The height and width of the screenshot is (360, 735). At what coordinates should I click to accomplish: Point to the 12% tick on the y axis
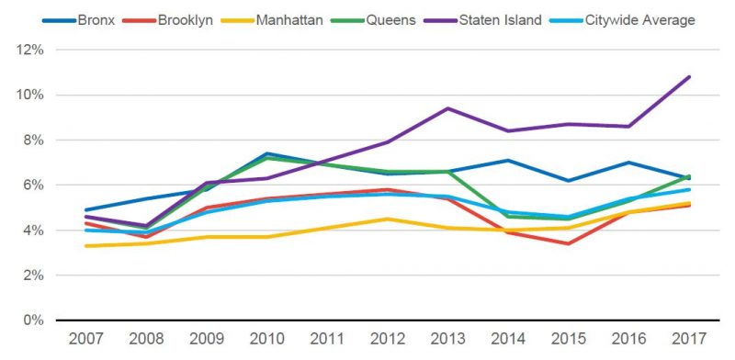[x=29, y=50]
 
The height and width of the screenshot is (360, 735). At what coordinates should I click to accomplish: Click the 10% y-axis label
[x=29, y=95]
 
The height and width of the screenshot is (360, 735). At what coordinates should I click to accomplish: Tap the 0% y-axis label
[x=33, y=321]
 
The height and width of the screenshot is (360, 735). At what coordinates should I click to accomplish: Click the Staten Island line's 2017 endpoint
[x=689, y=77]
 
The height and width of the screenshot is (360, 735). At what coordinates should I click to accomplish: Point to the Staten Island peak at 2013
[x=447, y=108]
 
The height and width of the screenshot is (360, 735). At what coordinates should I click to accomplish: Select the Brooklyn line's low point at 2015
[x=568, y=243]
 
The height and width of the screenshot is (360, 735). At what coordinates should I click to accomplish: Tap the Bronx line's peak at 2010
[x=266, y=153]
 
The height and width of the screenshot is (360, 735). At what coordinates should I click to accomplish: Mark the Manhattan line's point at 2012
[x=387, y=219]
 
